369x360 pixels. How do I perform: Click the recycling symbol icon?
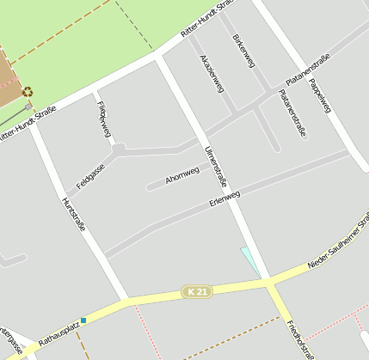(x=28, y=91)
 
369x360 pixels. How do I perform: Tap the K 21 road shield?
(x=197, y=292)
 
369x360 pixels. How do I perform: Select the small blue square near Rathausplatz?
(x=83, y=320)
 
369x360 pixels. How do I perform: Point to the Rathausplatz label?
(x=58, y=331)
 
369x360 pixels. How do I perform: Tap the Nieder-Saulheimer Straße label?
(x=338, y=250)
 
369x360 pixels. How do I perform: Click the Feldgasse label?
(x=90, y=176)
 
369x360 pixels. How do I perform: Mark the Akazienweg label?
(x=211, y=74)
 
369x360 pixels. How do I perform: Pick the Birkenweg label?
(x=244, y=54)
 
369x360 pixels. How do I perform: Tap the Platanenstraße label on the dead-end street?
(x=292, y=114)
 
